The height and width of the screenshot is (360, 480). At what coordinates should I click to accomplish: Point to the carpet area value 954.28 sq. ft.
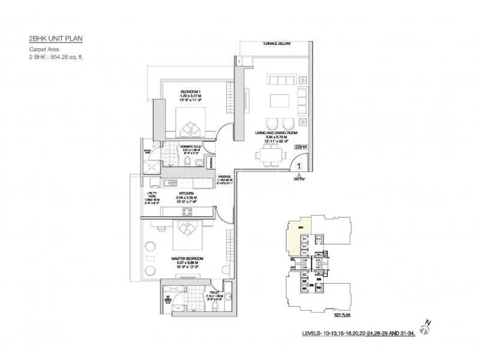coord(71,58)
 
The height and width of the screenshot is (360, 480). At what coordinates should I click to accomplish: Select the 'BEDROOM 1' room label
coord(191,91)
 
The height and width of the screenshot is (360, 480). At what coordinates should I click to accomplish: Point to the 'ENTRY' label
coord(299,178)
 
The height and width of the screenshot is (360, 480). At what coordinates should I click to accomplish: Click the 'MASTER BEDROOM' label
coord(187,259)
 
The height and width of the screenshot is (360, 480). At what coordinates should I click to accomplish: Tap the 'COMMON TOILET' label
coord(193,146)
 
